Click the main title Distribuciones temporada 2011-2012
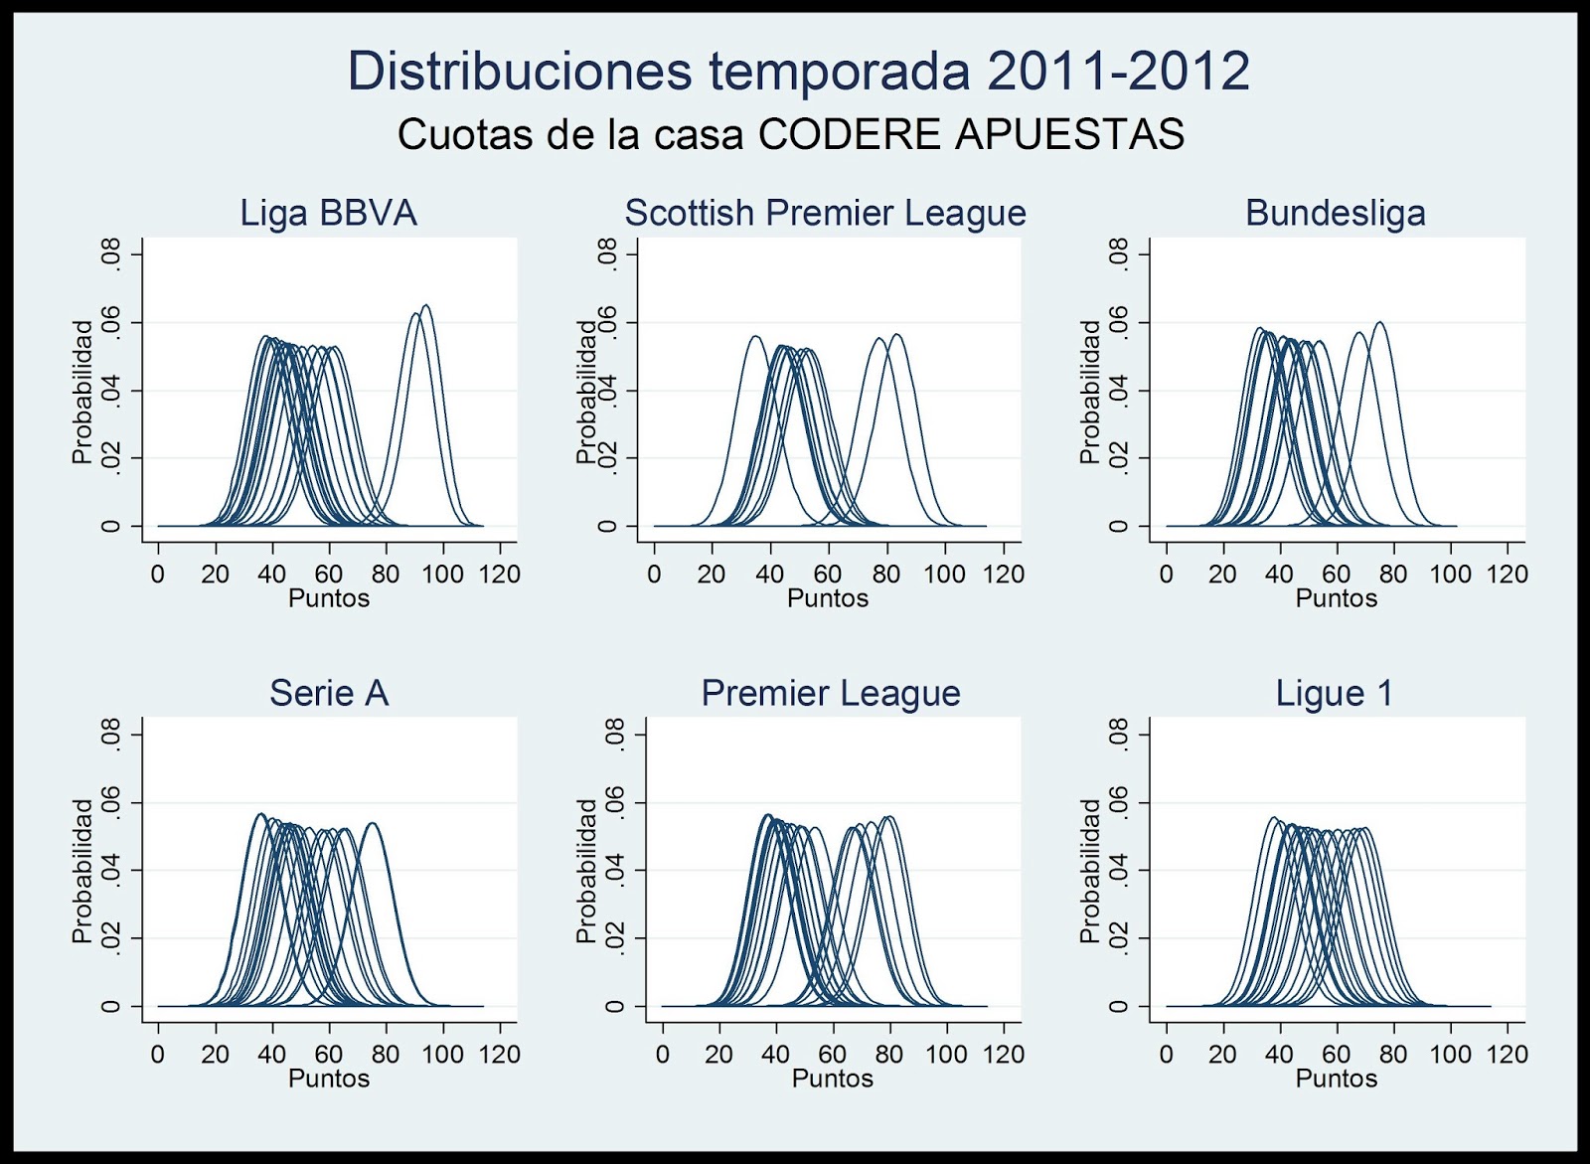click(x=798, y=71)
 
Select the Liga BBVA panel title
click(x=328, y=213)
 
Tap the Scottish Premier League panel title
click(x=825, y=213)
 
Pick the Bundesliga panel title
click(x=1335, y=213)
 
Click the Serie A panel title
click(x=328, y=693)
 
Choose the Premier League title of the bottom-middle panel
click(x=831, y=693)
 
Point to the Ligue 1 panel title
click(x=1335, y=693)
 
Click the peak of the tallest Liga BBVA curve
click(x=425, y=305)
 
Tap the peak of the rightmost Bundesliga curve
click(x=1379, y=322)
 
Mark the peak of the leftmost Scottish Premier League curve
click(x=755, y=336)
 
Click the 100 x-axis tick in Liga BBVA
click(x=442, y=574)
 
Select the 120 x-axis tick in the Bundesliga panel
click(x=1507, y=574)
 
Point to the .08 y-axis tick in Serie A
click(x=110, y=736)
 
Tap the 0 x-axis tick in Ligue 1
click(x=1166, y=1054)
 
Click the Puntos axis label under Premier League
click(x=832, y=1079)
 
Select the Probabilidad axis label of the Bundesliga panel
click(x=1089, y=391)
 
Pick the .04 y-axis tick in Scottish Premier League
click(x=607, y=391)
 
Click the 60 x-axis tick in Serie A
click(x=328, y=1054)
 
